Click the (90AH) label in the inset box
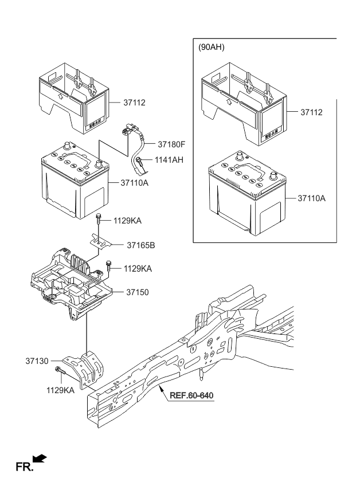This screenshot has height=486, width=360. point(212,48)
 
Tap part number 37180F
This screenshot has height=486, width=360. point(173,144)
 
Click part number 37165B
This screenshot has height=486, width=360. point(141,245)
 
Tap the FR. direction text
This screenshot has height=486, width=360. point(24,467)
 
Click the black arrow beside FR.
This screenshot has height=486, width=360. point(40,458)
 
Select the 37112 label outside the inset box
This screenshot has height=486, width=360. point(134,103)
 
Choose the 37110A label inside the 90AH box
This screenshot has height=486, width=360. point(311,198)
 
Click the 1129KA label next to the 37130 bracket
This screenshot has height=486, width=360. point(61,390)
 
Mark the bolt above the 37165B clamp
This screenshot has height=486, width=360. point(99,218)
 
